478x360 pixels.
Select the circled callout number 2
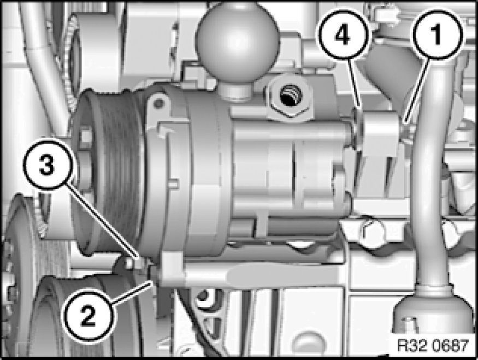[88, 316]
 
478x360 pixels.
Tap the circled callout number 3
[48, 166]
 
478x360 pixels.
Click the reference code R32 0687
[433, 346]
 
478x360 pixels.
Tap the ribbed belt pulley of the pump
[108, 170]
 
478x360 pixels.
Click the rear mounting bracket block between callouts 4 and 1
[382, 134]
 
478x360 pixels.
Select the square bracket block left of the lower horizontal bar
[173, 268]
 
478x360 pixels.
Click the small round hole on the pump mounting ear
[158, 104]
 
